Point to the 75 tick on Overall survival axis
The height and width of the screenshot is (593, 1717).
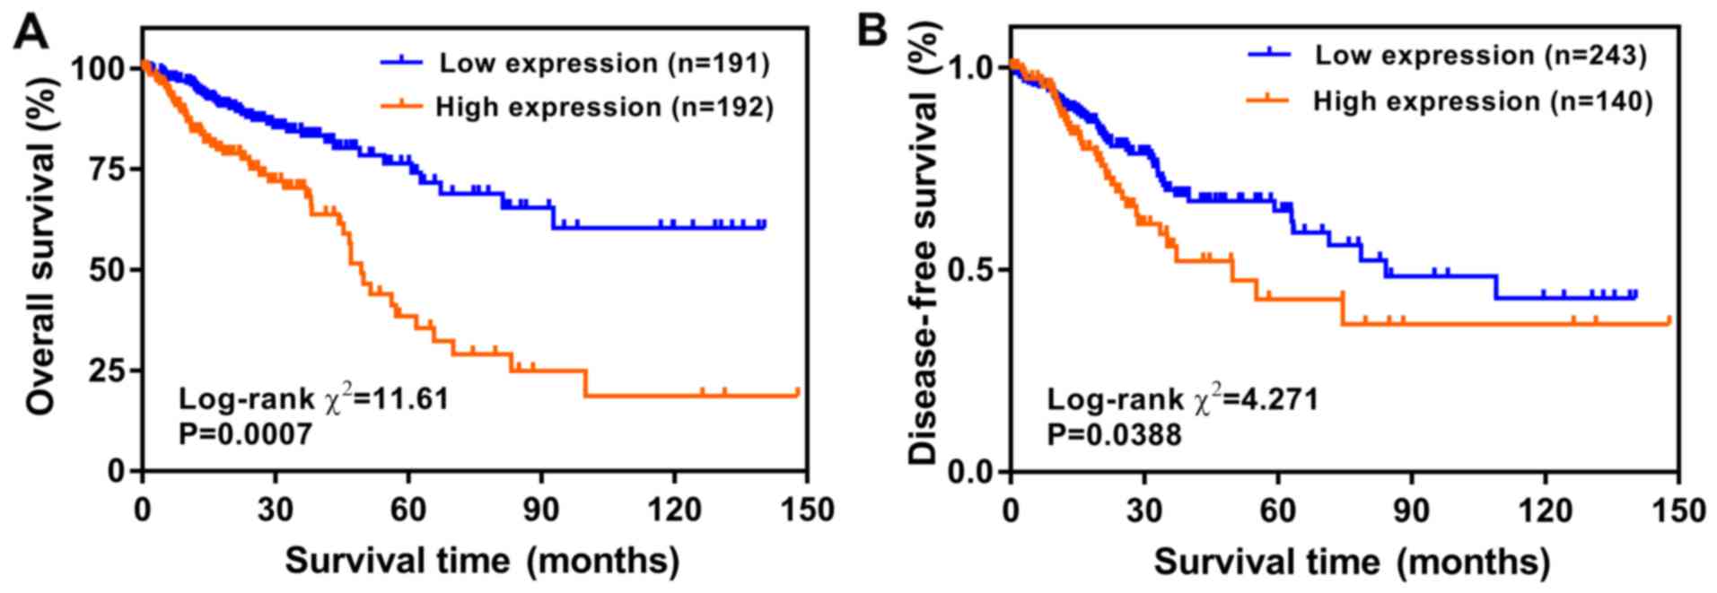[110, 169]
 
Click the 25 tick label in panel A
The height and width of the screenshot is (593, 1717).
[110, 371]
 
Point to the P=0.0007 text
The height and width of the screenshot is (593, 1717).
[246, 435]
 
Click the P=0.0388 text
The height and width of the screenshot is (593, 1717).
[1114, 435]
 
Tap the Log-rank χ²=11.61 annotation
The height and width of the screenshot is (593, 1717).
[313, 397]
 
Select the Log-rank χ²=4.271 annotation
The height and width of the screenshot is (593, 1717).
[1182, 397]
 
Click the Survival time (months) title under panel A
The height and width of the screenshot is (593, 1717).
[482, 562]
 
